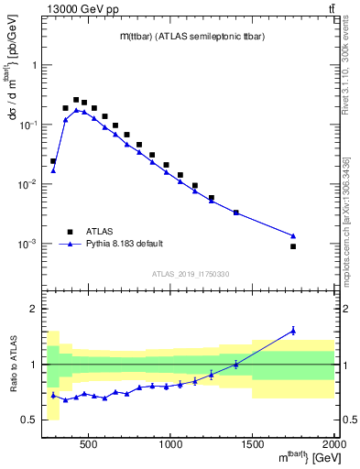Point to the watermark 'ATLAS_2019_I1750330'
(x=191, y=274)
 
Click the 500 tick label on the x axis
(x=89, y=445)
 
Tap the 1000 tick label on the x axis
(x=170, y=445)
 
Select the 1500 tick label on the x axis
(x=253, y=445)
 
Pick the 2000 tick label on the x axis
(x=333, y=445)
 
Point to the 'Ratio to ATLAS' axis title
(x=12, y=365)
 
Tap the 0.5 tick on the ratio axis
(x=31, y=420)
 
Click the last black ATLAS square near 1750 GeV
(x=293, y=246)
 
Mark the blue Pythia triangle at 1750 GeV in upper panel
(x=293, y=235)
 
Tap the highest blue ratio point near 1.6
(x=293, y=331)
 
